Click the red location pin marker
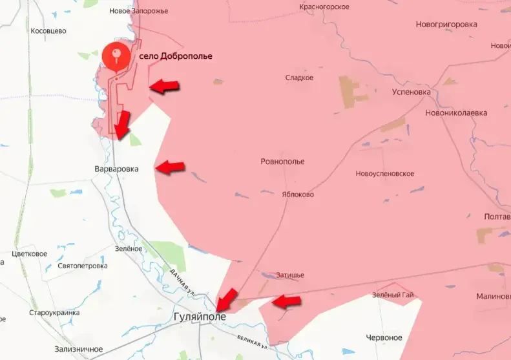tap(116, 55)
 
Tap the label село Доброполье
tap(176, 56)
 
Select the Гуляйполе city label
tap(200, 317)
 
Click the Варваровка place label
tap(117, 169)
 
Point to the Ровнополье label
tap(282, 162)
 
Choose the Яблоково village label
tap(298, 194)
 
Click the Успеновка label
tap(411, 92)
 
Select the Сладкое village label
tap(299, 78)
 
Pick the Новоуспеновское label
tap(385, 174)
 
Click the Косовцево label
tap(48, 30)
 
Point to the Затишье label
tap(289, 275)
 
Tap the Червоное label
tap(384, 337)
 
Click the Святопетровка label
tap(82, 266)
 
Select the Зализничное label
tap(79, 349)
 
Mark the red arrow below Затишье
tap(286, 301)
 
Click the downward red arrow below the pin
tap(121, 123)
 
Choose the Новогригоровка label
tap(446, 25)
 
